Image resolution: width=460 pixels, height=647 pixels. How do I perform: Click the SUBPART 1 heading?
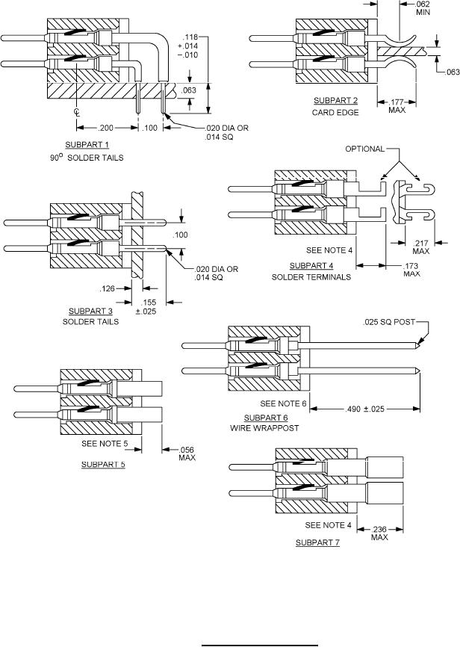(x=87, y=145)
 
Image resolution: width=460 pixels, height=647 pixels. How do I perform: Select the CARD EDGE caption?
(x=335, y=112)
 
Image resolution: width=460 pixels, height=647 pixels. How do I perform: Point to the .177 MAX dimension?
(x=397, y=106)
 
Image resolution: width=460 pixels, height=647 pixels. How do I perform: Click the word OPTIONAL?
(x=364, y=149)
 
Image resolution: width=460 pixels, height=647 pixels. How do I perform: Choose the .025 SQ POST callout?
(x=388, y=322)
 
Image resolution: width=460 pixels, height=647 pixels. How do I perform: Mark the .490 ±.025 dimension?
(x=364, y=409)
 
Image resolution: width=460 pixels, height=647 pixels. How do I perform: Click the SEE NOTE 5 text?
(x=105, y=444)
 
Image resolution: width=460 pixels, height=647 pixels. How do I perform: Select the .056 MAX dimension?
(x=187, y=454)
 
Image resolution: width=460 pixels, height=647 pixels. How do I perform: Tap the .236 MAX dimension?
(x=379, y=533)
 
